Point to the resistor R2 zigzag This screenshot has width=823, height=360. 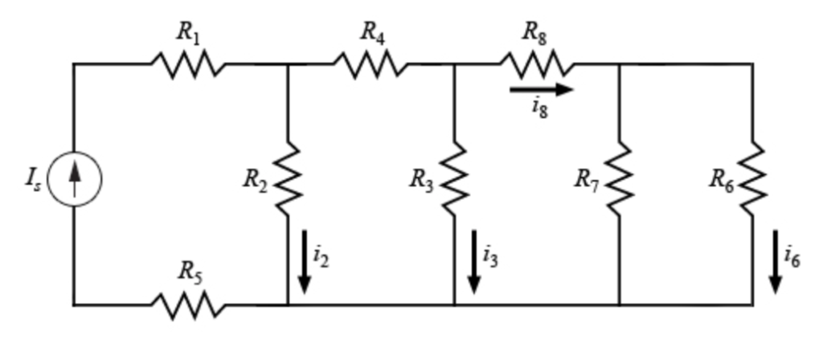pyautogui.click(x=288, y=180)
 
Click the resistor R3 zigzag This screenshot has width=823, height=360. pyautogui.click(x=454, y=180)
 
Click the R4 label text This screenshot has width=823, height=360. pyautogui.click(x=372, y=32)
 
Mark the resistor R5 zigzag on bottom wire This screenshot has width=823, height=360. pyautogui.click(x=188, y=305)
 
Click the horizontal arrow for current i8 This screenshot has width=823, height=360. pyautogui.click(x=541, y=89)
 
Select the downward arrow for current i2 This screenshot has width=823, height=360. pyautogui.click(x=305, y=261)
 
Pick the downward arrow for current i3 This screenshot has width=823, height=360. pyautogui.click(x=473, y=261)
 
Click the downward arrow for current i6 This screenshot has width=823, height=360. pyautogui.click(x=775, y=261)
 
